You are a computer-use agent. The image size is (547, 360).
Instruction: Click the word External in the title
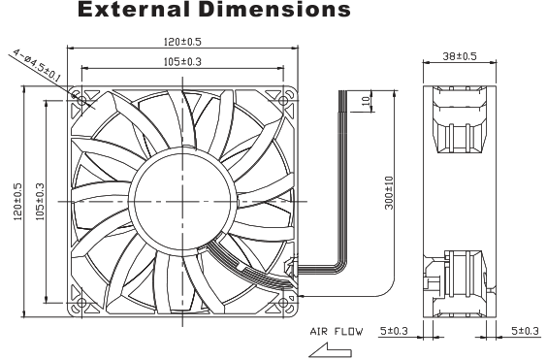point(135,9)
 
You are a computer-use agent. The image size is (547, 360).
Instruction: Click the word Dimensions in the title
point(274,9)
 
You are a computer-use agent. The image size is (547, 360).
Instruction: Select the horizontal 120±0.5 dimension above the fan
point(182,42)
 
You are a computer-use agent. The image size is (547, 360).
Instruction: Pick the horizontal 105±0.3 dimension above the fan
point(182,62)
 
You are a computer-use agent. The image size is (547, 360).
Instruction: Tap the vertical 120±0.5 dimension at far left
point(17,202)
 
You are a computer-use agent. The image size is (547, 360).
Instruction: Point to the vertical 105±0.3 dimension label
point(40,202)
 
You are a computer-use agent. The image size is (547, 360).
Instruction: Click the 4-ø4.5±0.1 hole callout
point(37,66)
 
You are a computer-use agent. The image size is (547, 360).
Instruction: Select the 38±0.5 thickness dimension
point(460,56)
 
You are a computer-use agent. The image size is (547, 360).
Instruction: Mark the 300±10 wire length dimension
point(389,193)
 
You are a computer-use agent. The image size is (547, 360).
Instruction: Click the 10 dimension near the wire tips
point(366,101)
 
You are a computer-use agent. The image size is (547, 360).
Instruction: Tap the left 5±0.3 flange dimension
point(394,330)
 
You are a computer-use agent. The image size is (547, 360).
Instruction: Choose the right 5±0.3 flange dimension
point(525,330)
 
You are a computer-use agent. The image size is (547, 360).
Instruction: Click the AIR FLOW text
point(337,331)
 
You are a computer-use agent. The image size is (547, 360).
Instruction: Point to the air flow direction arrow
point(330,350)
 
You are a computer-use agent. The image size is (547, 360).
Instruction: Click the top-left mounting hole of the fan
point(81,101)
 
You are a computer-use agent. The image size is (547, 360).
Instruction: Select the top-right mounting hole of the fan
point(283,101)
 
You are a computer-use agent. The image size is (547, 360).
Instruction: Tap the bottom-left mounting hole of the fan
point(81,303)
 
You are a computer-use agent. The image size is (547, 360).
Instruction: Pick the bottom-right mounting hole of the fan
point(283,303)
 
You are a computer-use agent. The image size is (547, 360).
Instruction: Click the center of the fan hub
point(182,202)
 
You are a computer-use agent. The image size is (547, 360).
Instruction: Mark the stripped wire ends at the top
point(342,101)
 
